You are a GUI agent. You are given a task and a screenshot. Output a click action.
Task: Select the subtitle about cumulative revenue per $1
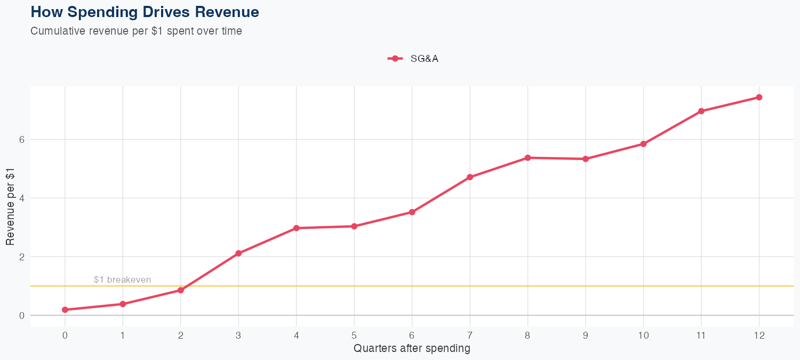coord(136,31)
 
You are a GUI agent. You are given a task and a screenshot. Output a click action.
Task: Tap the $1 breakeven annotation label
coord(122,279)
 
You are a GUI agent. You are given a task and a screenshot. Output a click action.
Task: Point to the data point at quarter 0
coord(65,310)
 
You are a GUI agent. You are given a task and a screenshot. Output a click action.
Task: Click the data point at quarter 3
coord(238,253)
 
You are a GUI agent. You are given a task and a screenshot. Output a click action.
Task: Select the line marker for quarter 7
coord(470,177)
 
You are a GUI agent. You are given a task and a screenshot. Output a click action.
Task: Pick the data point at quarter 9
coord(586,159)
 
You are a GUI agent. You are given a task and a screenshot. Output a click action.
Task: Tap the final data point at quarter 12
coord(759,97)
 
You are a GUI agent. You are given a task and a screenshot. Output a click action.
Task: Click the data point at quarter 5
coord(354,226)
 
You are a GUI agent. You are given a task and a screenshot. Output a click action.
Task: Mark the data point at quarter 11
coord(701,111)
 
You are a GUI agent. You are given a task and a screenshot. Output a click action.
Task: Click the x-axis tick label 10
coord(643,335)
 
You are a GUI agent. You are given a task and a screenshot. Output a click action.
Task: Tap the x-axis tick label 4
coord(297,335)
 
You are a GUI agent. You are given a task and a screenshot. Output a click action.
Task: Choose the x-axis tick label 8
coord(527,335)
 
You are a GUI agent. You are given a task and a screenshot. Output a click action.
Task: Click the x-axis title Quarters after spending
coord(412,349)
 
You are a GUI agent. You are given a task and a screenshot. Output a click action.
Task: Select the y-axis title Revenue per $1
coord(10,206)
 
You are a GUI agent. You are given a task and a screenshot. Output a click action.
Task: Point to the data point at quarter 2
coord(181,290)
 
